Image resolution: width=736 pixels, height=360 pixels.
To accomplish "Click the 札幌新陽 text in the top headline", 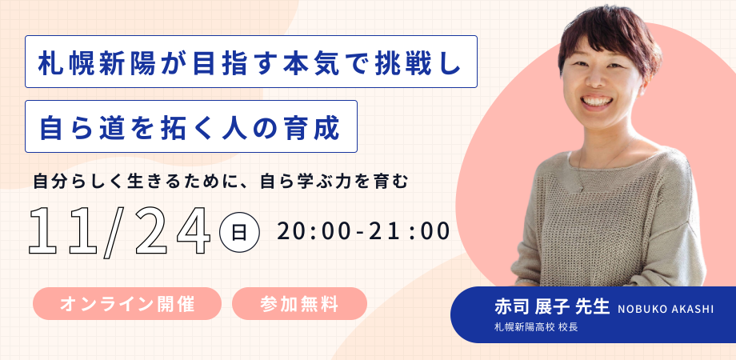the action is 97,62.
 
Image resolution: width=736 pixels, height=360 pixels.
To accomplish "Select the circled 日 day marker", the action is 239,233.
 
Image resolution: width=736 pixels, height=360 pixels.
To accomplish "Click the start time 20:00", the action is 314,231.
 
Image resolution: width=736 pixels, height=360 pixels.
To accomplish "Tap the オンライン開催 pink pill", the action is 126,304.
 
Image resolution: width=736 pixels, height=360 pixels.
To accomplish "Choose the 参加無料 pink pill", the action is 299,304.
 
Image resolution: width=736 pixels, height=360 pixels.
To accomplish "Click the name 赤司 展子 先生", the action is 551,307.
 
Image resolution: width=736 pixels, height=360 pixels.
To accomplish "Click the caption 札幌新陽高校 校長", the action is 535,327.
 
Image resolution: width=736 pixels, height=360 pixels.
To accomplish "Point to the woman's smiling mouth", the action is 596,101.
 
